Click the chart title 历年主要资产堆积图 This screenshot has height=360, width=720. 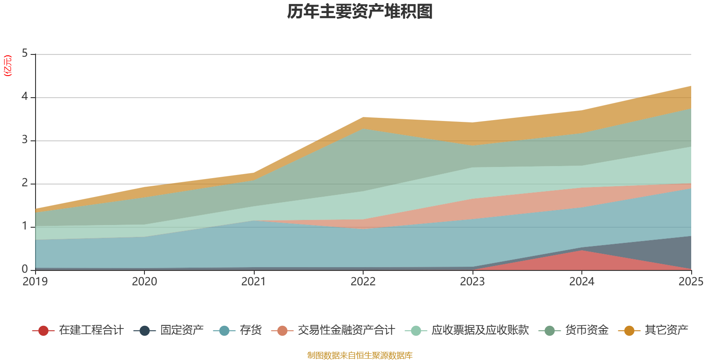(x=360, y=12)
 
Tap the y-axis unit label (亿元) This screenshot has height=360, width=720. (x=8, y=66)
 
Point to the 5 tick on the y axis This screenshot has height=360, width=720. (x=25, y=54)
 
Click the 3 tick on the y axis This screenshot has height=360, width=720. (x=25, y=140)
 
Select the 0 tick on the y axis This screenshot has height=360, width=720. (x=25, y=270)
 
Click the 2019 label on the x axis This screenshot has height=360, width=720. (x=35, y=282)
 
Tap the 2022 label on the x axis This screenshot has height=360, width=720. (x=363, y=282)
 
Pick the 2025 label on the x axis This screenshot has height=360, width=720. (x=691, y=282)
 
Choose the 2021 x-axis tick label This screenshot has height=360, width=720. (x=254, y=282)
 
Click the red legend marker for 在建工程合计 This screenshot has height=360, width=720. (x=43, y=331)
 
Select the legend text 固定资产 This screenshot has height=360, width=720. (x=182, y=330)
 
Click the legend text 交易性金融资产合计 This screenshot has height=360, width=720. (x=346, y=330)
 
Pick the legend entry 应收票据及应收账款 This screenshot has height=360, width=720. (x=480, y=330)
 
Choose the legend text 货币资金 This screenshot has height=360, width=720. (x=587, y=330)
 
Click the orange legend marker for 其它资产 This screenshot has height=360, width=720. (x=629, y=331)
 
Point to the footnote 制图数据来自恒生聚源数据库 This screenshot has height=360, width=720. (x=360, y=355)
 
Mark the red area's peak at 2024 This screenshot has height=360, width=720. (x=582, y=251)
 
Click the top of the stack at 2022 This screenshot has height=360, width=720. (x=363, y=117)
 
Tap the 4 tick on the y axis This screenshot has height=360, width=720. (x=25, y=97)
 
